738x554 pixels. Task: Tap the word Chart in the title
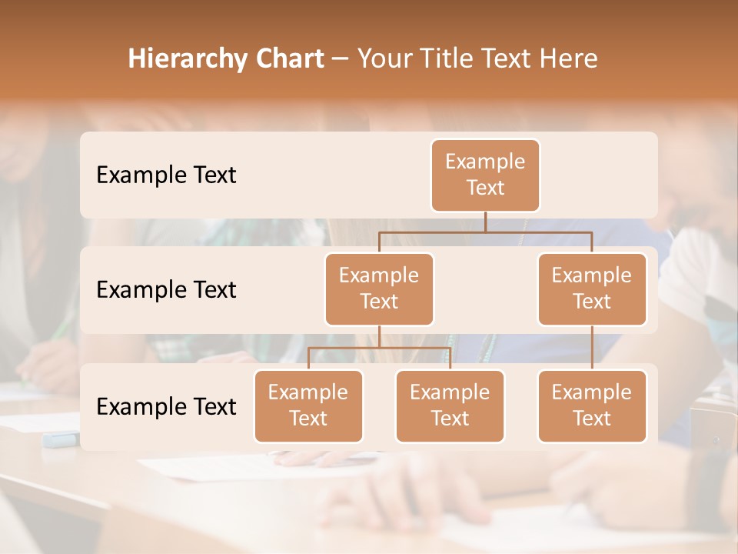[x=288, y=59]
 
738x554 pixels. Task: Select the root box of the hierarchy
[x=485, y=175]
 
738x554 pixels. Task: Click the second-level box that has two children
[x=379, y=289]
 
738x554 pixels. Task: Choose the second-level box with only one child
[x=592, y=289]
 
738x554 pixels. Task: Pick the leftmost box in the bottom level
[x=308, y=405]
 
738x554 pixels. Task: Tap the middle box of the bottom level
[x=450, y=405]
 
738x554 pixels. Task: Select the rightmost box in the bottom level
[x=592, y=405]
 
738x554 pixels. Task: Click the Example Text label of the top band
[x=166, y=175]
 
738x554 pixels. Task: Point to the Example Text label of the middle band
[x=166, y=290]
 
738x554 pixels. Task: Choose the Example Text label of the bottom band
[x=166, y=406]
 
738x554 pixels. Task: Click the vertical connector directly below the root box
[x=485, y=222]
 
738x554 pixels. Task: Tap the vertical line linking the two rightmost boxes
[x=592, y=348]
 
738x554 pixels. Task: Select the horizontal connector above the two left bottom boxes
[x=379, y=348]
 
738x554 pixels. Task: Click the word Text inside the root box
[x=485, y=188]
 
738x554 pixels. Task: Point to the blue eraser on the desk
[x=60, y=439]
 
